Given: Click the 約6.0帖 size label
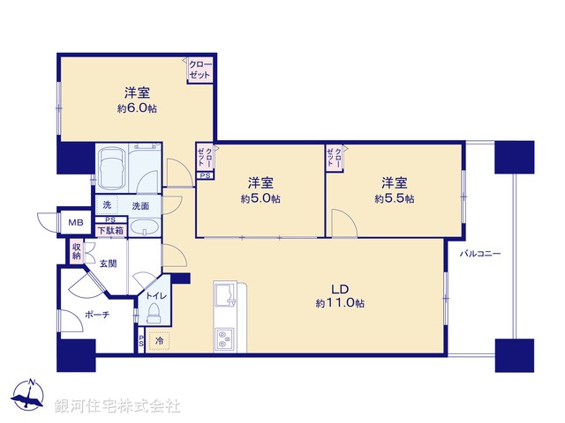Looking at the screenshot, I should (x=134, y=109).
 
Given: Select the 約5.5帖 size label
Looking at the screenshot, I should (x=394, y=199).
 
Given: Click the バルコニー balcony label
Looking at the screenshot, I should (x=480, y=254).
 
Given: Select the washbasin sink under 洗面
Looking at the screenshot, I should (x=142, y=229).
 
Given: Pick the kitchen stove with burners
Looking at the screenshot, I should (x=224, y=338).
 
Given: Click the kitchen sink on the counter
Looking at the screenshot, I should (x=225, y=295).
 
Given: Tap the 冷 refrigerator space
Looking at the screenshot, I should (x=160, y=340).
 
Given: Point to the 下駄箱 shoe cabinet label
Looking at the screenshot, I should (x=110, y=230).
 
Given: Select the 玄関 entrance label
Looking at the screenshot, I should (x=109, y=263).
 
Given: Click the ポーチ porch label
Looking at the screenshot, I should (x=97, y=315).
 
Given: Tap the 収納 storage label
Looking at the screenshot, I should (x=77, y=251).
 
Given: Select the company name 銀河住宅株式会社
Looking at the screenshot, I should (x=117, y=406).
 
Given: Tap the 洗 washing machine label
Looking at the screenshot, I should (x=107, y=205).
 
